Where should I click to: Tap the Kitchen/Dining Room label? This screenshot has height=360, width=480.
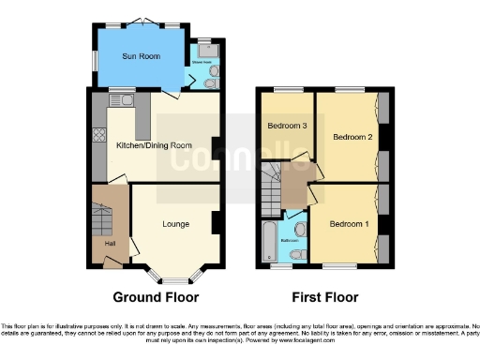pos(154,145)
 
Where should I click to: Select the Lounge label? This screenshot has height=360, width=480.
pos(176,224)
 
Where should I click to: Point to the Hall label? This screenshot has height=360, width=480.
pos(111,245)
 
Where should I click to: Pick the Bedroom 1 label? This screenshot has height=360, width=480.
pos(347,224)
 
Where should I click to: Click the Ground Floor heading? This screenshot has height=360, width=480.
pos(156,298)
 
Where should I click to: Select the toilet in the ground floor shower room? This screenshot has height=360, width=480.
pos(210,82)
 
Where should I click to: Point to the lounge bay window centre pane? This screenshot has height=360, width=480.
pos(176,277)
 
